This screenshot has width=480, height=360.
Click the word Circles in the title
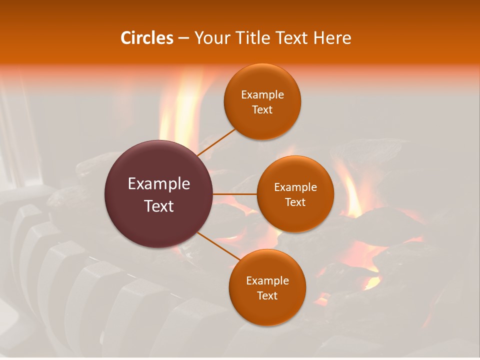pyautogui.click(x=147, y=38)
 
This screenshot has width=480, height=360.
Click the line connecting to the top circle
pyautogui.click(x=216, y=141)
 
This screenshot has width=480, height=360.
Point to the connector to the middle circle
pyautogui.click(x=235, y=194)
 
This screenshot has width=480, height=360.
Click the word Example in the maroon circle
pyautogui.click(x=159, y=183)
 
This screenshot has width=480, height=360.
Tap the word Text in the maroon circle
pyautogui.click(x=159, y=206)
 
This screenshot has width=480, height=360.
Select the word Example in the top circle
pyautogui.click(x=262, y=94)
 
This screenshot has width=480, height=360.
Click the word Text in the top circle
pyautogui.click(x=262, y=109)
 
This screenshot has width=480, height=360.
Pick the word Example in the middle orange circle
pyautogui.click(x=295, y=187)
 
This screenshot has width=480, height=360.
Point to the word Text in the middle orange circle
pyautogui.click(x=295, y=202)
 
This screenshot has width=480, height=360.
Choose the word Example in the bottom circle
pyautogui.click(x=267, y=280)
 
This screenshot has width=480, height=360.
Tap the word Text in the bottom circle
pyautogui.click(x=267, y=295)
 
